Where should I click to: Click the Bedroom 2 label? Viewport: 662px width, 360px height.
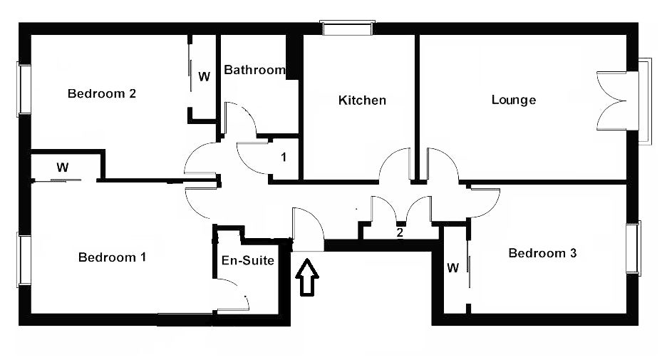point(102,93)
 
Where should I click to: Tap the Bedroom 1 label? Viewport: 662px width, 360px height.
point(113,257)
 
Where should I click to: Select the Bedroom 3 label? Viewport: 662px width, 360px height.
point(542,253)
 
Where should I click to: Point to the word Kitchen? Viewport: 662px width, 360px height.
point(362,100)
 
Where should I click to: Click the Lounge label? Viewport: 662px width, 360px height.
point(514,100)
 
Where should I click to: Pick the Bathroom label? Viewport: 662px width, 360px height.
point(254,70)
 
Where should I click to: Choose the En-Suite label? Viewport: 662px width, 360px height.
point(248,260)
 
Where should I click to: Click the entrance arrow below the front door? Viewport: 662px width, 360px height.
point(306,277)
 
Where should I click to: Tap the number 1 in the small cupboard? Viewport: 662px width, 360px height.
point(284,157)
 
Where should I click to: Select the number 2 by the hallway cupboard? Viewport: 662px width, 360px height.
point(399,232)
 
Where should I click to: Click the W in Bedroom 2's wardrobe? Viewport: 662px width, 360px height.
point(205,76)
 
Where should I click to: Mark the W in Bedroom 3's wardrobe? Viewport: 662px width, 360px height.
point(452,267)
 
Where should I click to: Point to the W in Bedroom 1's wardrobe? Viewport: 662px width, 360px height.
point(63,168)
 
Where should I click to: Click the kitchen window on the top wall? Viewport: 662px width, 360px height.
point(348,28)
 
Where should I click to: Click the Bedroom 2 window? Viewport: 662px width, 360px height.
point(24,89)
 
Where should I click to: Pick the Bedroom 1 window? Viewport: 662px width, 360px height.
point(24,260)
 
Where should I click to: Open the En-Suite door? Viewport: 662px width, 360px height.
point(237,292)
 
